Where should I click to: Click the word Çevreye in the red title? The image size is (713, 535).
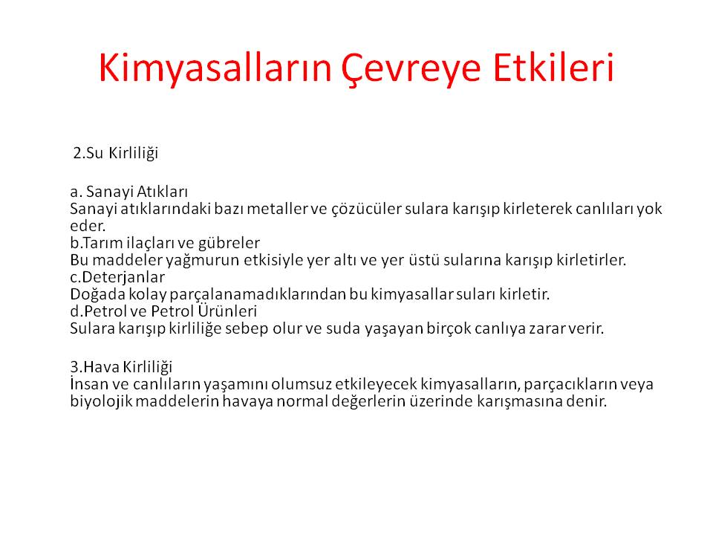tap(411, 69)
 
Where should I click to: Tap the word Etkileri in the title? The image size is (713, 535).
tap(554, 68)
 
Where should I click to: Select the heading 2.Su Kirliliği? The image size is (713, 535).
tap(116, 153)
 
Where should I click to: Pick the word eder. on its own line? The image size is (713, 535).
tap(88, 226)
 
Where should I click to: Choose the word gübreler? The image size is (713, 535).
tap(229, 244)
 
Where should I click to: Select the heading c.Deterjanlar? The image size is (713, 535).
tap(117, 277)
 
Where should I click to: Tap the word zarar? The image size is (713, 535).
tap(547, 329)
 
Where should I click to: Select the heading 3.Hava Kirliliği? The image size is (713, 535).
tap(121, 367)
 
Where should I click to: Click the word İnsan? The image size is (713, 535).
tap(88, 384)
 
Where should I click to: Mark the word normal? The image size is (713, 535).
tap(302, 402)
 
